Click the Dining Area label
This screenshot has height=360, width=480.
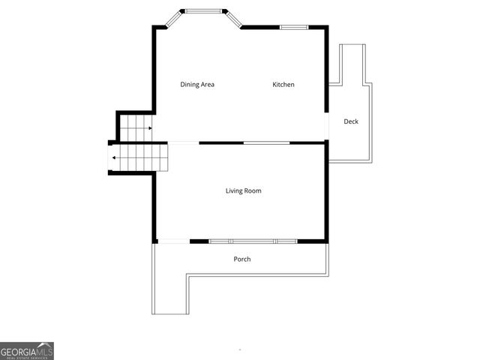click(197, 85)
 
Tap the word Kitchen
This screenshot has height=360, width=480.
click(283, 85)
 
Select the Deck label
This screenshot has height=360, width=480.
click(351, 121)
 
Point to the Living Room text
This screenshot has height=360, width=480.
click(243, 191)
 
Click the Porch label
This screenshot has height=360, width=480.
click(241, 259)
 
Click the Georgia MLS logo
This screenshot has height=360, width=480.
click(27, 351)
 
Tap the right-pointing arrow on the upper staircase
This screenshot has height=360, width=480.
click(150, 128)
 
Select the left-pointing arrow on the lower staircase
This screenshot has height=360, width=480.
click(113, 157)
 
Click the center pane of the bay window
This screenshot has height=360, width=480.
click(205, 11)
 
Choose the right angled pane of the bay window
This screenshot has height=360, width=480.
click(232, 19)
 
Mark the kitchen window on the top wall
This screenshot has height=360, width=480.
click(293, 28)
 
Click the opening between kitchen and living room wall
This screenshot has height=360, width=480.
click(266, 142)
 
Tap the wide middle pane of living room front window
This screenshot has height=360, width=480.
click(253, 241)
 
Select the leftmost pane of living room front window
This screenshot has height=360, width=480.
click(219, 241)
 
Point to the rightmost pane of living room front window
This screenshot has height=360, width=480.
click(286, 241)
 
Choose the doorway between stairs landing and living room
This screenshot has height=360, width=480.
click(183, 142)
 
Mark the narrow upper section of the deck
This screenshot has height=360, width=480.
click(352, 64)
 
